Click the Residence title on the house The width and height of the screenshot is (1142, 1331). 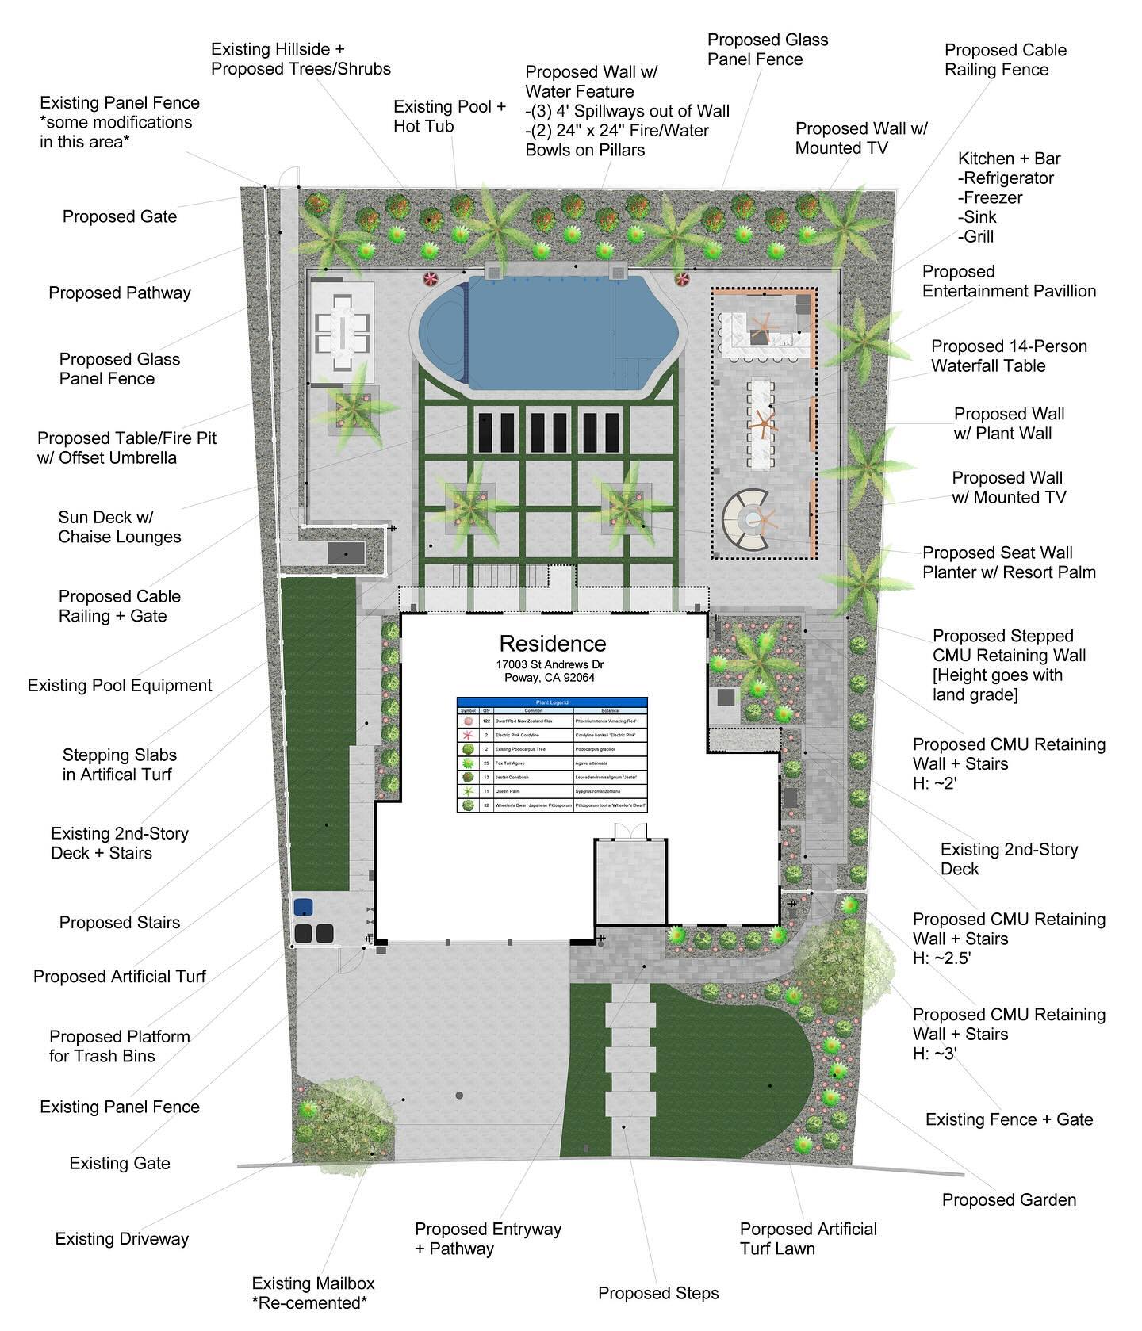552,643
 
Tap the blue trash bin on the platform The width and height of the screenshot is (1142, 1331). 302,907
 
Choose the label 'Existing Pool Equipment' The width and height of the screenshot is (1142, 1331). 120,686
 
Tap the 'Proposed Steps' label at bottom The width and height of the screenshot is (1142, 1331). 658,1293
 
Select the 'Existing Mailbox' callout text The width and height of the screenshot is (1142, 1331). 312,1283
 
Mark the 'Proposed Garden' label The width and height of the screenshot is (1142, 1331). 1009,1199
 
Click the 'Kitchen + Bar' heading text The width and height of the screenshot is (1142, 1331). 1009,159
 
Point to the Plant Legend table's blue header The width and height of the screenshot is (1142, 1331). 552,702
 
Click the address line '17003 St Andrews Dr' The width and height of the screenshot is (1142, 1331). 552,664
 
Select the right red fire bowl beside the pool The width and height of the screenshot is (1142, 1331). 682,278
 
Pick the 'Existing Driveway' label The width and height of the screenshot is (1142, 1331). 122,1239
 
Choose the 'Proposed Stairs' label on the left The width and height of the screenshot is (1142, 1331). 120,923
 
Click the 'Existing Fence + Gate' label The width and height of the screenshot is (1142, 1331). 1009,1119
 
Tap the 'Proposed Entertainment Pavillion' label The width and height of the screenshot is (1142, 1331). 1009,281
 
